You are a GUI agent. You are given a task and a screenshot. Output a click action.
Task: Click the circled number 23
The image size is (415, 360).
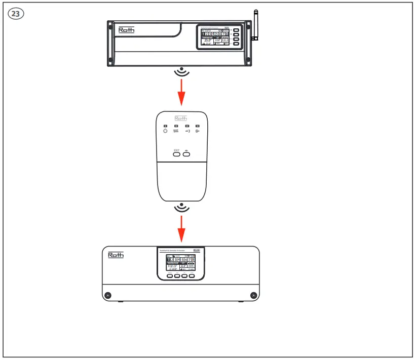tap(16, 14)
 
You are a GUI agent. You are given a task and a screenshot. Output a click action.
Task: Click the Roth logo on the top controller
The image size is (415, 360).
tap(126, 30)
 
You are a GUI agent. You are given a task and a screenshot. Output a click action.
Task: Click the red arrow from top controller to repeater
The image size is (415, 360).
tap(181, 92)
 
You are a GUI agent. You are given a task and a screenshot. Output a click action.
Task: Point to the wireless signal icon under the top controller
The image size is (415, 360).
tap(181, 72)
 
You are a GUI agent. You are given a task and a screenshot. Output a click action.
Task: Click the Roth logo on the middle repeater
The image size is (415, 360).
tap(181, 118)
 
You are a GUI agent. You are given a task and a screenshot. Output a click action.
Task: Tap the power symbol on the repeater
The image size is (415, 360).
tap(165, 131)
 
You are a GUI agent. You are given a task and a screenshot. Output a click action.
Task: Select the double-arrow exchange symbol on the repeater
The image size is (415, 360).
tap(176, 131)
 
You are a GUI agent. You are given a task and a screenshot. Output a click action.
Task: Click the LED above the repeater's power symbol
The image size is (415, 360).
tap(165, 126)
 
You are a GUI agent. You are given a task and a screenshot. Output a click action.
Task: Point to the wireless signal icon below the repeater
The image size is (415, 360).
tap(181, 208)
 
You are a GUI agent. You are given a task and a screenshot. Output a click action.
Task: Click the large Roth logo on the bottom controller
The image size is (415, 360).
tap(116, 255)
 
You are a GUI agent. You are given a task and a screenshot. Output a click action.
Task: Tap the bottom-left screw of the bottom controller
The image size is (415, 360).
tap(107, 295)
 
